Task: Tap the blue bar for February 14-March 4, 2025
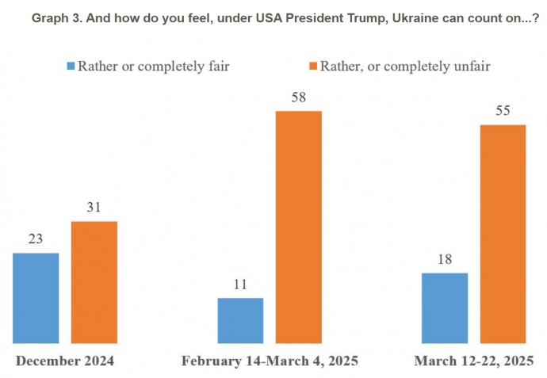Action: (x=240, y=321)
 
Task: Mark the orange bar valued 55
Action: (x=503, y=235)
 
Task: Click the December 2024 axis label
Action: (x=65, y=361)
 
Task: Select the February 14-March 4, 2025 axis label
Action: (x=270, y=361)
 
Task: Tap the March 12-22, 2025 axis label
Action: (x=473, y=361)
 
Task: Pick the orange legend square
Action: (x=312, y=67)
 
